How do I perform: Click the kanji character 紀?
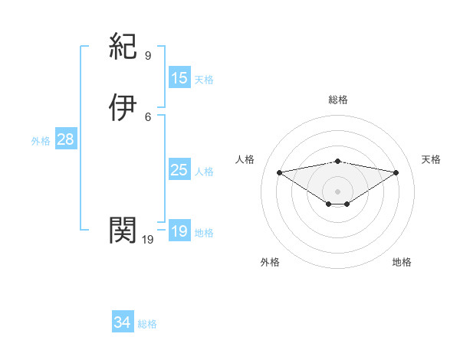pyautogui.click(x=123, y=48)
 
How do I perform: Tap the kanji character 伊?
pyautogui.click(x=123, y=108)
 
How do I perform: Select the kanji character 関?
pyautogui.click(x=123, y=229)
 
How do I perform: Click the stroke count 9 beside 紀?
pyautogui.click(x=148, y=56)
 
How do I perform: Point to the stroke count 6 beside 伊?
pyautogui.click(x=148, y=116)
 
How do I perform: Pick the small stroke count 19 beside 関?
pyautogui.click(x=148, y=240)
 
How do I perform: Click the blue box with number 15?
pyautogui.click(x=179, y=78)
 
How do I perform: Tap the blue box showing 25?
pyautogui.click(x=179, y=170)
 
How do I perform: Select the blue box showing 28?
pyautogui.click(x=65, y=139)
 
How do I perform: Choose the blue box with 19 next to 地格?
pyautogui.click(x=179, y=231)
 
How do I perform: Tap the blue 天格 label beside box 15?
pyautogui.click(x=204, y=79)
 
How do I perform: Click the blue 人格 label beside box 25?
pyautogui.click(x=204, y=171)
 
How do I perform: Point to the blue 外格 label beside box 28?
pyautogui.click(x=41, y=140)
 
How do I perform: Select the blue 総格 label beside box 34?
pyautogui.click(x=147, y=324)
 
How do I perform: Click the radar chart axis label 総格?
pyautogui.click(x=338, y=100)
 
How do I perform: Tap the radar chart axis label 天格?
pyautogui.click(x=432, y=159)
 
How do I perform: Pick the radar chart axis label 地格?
pyautogui.click(x=402, y=262)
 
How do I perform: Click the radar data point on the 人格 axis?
pyautogui.click(x=280, y=172)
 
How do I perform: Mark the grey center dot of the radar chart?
pyautogui.click(x=338, y=191)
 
